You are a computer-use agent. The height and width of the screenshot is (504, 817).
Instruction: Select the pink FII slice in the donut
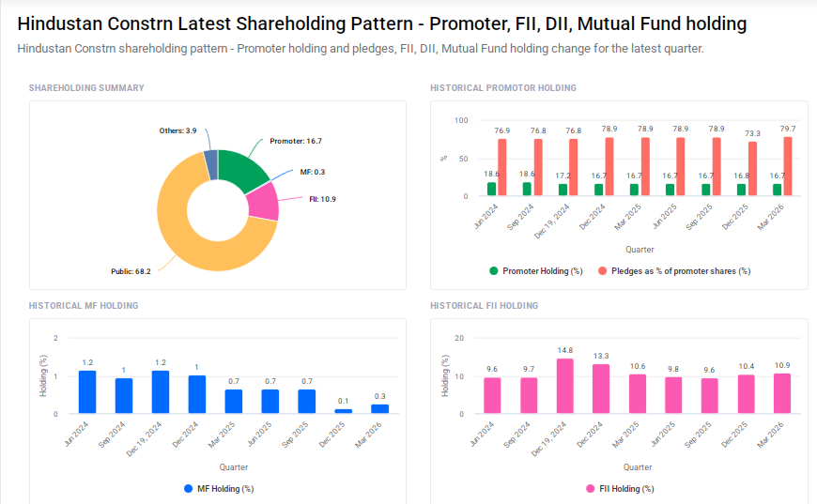point(262,201)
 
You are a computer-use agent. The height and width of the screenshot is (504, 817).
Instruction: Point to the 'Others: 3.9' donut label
point(177,130)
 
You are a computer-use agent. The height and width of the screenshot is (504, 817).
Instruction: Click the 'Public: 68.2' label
point(131,272)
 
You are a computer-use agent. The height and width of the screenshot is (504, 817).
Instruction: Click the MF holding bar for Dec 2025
point(344,411)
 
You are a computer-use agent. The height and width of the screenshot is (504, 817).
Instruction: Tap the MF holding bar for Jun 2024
point(87,392)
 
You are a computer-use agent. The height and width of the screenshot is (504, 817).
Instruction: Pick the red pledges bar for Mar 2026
point(787,167)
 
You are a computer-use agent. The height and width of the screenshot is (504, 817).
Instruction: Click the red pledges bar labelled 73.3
point(751,169)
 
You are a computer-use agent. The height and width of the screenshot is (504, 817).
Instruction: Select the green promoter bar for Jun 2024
point(491,190)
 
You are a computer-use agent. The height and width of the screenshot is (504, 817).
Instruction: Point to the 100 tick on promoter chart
point(461,120)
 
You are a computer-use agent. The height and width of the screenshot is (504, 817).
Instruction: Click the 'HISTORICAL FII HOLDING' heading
point(484,306)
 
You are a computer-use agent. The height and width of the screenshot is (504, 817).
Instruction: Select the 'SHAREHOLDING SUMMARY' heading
point(86,88)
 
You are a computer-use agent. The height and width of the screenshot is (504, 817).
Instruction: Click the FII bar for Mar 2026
point(781,394)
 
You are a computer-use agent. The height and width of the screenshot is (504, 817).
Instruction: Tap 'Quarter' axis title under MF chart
point(234,466)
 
